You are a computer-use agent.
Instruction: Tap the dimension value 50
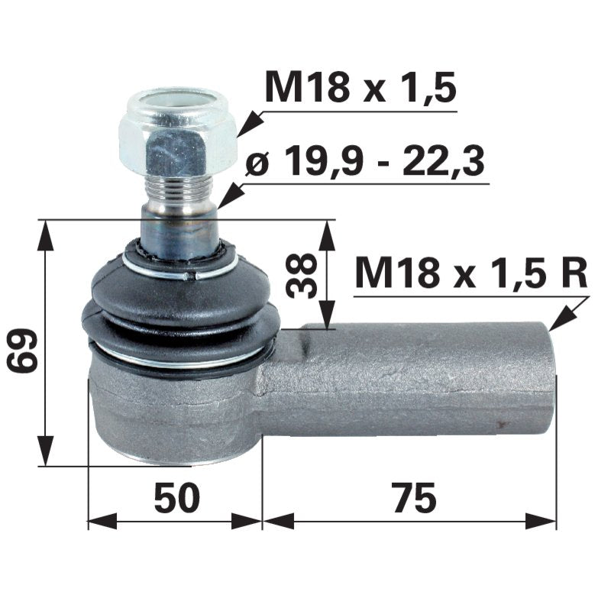(176, 499)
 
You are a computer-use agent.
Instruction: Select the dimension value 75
(416, 499)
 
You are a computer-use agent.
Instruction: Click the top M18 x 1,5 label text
(360, 89)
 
